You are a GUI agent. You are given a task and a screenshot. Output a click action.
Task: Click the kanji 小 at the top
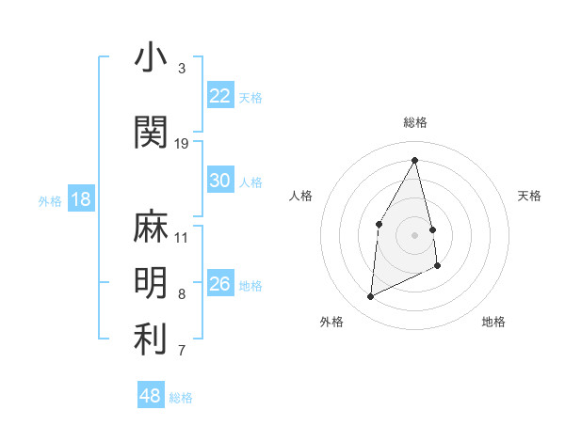151,58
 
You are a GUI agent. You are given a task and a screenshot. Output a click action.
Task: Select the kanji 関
151,133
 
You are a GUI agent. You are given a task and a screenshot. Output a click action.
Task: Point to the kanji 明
151,282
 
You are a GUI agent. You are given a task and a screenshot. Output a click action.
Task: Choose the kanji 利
151,339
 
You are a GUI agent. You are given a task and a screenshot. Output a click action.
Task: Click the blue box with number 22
220,96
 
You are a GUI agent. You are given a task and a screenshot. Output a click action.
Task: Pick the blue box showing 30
220,181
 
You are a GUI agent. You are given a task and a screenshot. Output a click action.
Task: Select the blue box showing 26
220,284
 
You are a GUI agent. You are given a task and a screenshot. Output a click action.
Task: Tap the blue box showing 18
81,199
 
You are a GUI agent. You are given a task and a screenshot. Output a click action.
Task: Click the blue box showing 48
151,396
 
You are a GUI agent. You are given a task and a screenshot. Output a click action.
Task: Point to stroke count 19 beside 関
182,144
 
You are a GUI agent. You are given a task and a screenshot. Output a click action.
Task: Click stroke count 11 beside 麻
182,237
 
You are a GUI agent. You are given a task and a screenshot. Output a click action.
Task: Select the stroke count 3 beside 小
182,69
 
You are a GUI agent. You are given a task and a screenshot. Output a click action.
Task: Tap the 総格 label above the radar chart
414,122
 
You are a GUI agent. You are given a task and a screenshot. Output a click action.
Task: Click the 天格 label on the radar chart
529,196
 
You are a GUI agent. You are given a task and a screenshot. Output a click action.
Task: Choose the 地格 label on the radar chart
493,322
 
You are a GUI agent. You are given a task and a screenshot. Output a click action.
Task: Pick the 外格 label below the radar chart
331,322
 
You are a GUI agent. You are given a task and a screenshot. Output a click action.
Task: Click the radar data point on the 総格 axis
414,161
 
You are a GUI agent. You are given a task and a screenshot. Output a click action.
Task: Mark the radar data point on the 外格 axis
371,297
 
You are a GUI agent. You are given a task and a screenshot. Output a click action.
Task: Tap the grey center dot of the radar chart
414,234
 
